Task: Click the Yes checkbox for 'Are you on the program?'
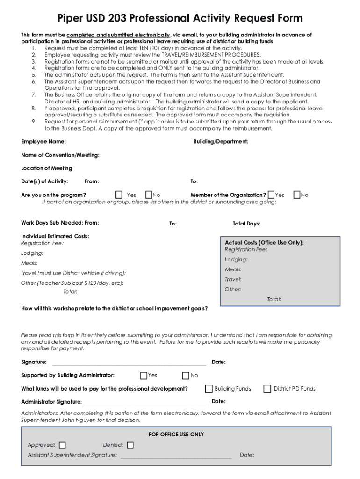tap(119, 195)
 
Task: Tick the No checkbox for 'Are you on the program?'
tap(149, 195)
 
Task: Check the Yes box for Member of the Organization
tap(271, 195)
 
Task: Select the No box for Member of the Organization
tap(296, 195)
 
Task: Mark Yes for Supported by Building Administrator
tap(144, 375)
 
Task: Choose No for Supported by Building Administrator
tap(186, 375)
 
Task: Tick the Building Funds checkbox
tap(209, 388)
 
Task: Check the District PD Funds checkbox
tap(267, 388)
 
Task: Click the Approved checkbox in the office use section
tap(62, 445)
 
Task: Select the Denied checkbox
tap(130, 445)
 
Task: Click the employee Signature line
tap(129, 363)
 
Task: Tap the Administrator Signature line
tap(145, 403)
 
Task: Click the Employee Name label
tap(43, 141)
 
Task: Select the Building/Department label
tap(221, 141)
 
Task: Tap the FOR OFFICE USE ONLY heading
tap(176, 435)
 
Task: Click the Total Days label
tap(246, 224)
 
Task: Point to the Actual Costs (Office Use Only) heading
tap(264, 243)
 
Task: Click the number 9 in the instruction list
tap(34, 122)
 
